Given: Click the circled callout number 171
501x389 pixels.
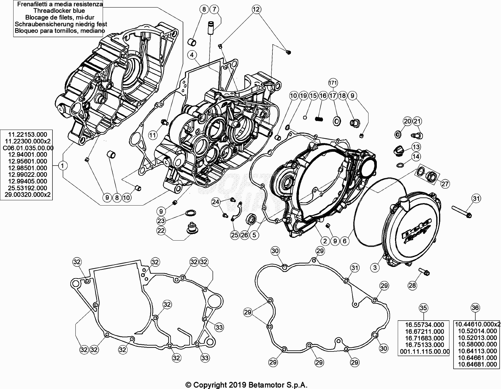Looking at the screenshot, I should point(333,82).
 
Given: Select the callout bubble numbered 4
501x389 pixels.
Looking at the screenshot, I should point(192,55).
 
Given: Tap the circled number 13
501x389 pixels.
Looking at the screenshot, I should point(416,146).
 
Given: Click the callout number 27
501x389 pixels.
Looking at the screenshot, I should point(445,184).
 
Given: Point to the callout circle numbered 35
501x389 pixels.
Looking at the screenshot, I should point(423,308).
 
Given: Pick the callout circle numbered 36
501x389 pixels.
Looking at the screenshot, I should point(475,308).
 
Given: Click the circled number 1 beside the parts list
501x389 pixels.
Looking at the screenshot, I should point(63,166).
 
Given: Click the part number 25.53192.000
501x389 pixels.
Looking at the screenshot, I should point(28,188).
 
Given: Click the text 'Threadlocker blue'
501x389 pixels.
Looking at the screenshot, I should point(59,11).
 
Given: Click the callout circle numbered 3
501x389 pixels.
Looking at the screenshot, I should point(375,267).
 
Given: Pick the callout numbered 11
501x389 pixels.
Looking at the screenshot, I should point(153,135).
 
